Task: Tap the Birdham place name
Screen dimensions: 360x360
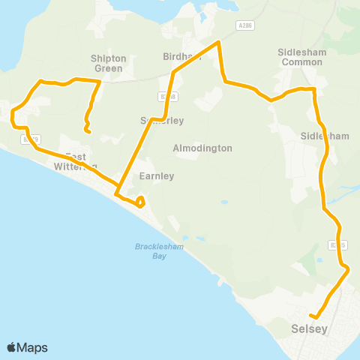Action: click(x=178, y=56)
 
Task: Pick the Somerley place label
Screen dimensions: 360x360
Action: click(x=162, y=120)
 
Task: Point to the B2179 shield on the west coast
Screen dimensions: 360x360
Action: click(x=31, y=139)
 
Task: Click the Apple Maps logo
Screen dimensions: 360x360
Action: click(x=27, y=347)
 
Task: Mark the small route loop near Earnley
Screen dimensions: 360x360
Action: click(x=139, y=201)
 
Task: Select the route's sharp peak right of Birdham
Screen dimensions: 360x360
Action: click(x=218, y=43)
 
